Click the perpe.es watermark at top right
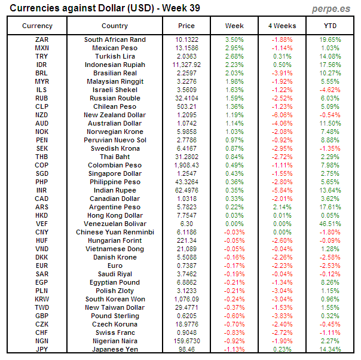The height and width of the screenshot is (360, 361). [332, 9]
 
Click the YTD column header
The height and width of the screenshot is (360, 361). [330, 26]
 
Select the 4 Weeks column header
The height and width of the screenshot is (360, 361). [282, 26]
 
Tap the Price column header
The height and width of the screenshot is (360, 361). [186, 26]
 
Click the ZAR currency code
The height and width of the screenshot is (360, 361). [42, 39]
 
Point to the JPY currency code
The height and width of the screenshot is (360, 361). [42, 349]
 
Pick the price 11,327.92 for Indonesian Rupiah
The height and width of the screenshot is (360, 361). [186, 65]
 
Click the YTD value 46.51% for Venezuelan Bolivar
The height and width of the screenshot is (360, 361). [330, 224]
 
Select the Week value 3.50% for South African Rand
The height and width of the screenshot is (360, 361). [234, 39]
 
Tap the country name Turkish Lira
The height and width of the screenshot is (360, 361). [115, 56]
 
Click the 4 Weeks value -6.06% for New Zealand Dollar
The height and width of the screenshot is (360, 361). [282, 115]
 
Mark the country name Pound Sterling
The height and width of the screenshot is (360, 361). [115, 315]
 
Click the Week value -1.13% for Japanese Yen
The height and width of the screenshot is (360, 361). [234, 349]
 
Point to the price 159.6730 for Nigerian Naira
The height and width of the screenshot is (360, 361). [186, 340]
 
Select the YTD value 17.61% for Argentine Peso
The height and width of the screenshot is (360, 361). [330, 207]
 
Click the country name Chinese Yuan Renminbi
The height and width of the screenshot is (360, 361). [115, 232]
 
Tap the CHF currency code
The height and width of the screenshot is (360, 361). [42, 332]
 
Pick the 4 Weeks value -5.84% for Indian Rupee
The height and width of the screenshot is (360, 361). [282, 190]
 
